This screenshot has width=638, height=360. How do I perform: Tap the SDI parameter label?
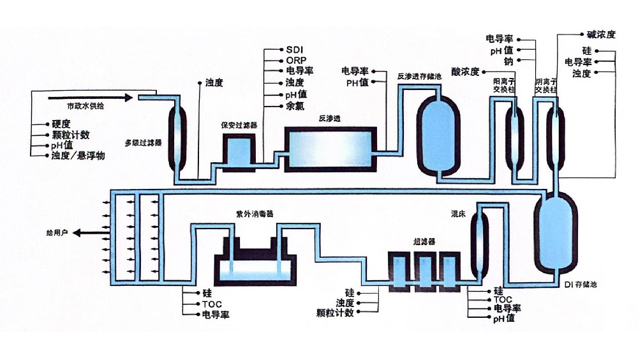tap(294, 49)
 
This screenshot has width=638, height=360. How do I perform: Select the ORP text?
tap(296, 60)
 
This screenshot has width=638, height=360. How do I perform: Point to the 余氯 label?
tap(294, 106)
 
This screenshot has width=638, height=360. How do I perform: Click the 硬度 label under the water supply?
tap(61, 124)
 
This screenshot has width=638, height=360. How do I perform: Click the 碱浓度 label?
tap(600, 34)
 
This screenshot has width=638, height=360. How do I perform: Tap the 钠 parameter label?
tap(508, 61)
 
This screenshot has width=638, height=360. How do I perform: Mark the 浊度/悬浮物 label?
tap(78, 156)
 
